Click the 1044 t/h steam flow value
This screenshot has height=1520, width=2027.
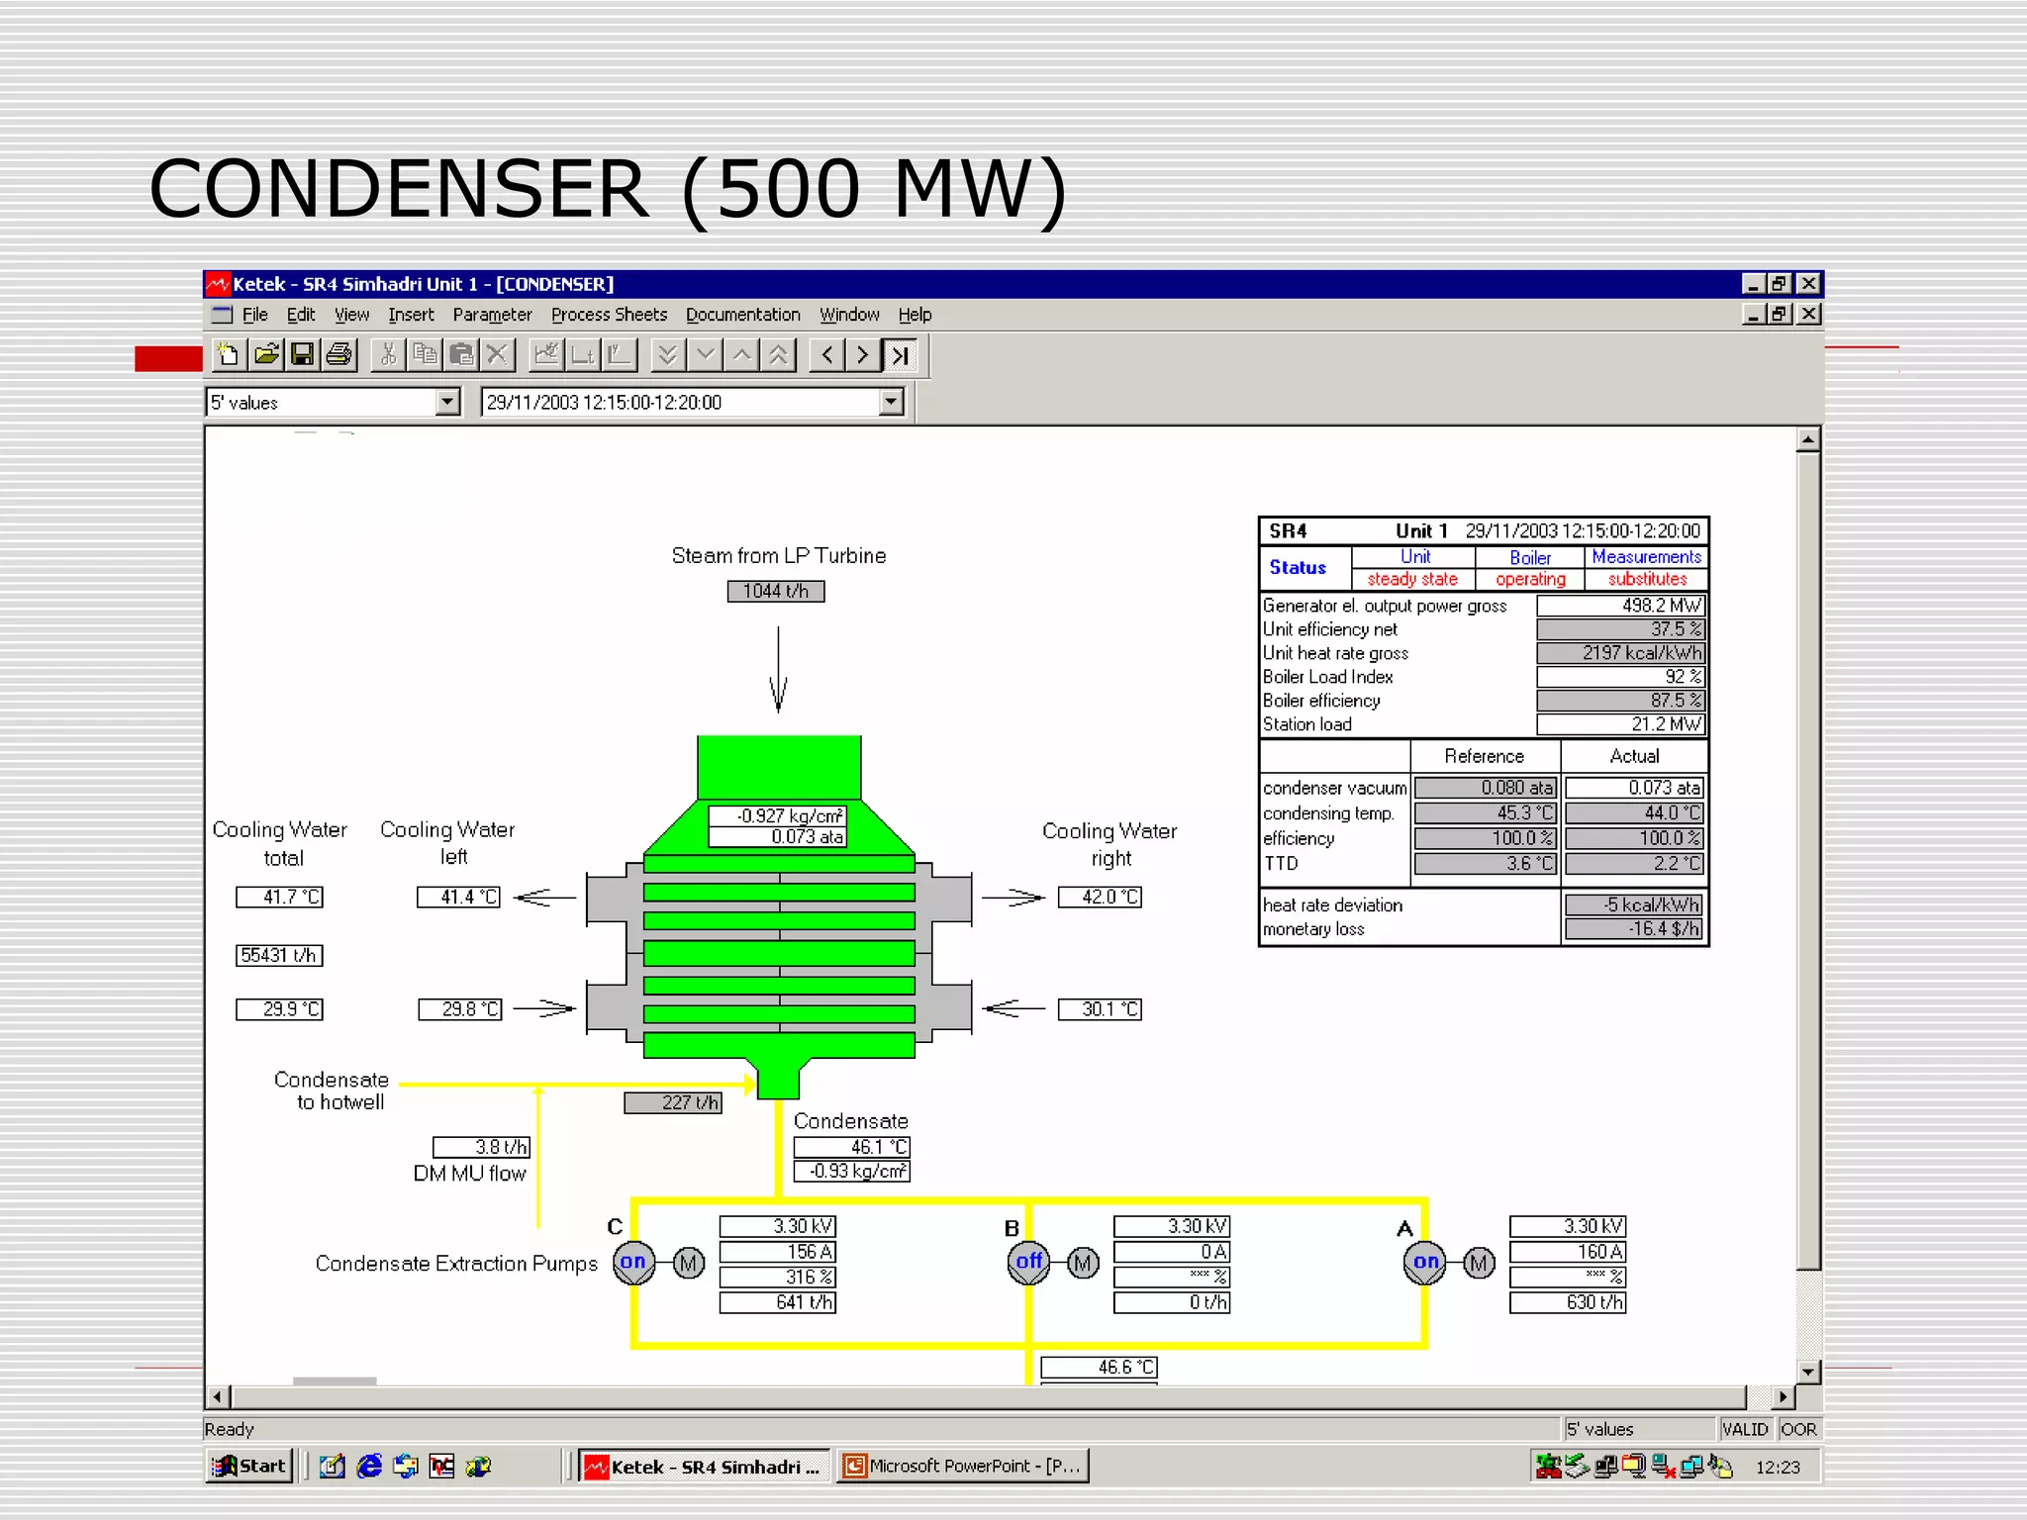click(x=776, y=591)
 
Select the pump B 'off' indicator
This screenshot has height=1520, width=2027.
click(x=1028, y=1262)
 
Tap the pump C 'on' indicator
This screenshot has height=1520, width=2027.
click(x=633, y=1262)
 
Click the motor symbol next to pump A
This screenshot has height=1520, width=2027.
click(x=1479, y=1263)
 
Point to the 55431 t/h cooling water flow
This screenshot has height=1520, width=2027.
click(x=279, y=955)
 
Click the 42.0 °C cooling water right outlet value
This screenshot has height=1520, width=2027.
click(x=1100, y=898)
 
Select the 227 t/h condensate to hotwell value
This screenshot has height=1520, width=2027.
click(x=673, y=1102)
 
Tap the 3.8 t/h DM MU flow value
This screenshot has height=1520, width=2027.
click(x=482, y=1147)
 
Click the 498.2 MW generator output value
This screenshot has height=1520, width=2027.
click(x=1620, y=606)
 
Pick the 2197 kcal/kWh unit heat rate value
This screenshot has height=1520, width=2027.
click(x=1620, y=653)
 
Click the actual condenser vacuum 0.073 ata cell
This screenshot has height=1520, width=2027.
click(x=1634, y=788)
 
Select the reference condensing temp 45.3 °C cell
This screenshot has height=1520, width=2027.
click(x=1485, y=812)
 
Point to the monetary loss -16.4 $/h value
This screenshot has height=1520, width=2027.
click(x=1634, y=928)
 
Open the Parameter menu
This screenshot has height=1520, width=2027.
click(x=492, y=315)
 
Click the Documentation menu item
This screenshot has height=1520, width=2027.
click(x=742, y=315)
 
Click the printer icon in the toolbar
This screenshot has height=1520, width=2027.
click(x=339, y=354)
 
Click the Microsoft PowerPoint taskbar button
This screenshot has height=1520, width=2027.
click(x=963, y=1466)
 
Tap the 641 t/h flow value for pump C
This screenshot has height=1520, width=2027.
click(x=777, y=1302)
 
